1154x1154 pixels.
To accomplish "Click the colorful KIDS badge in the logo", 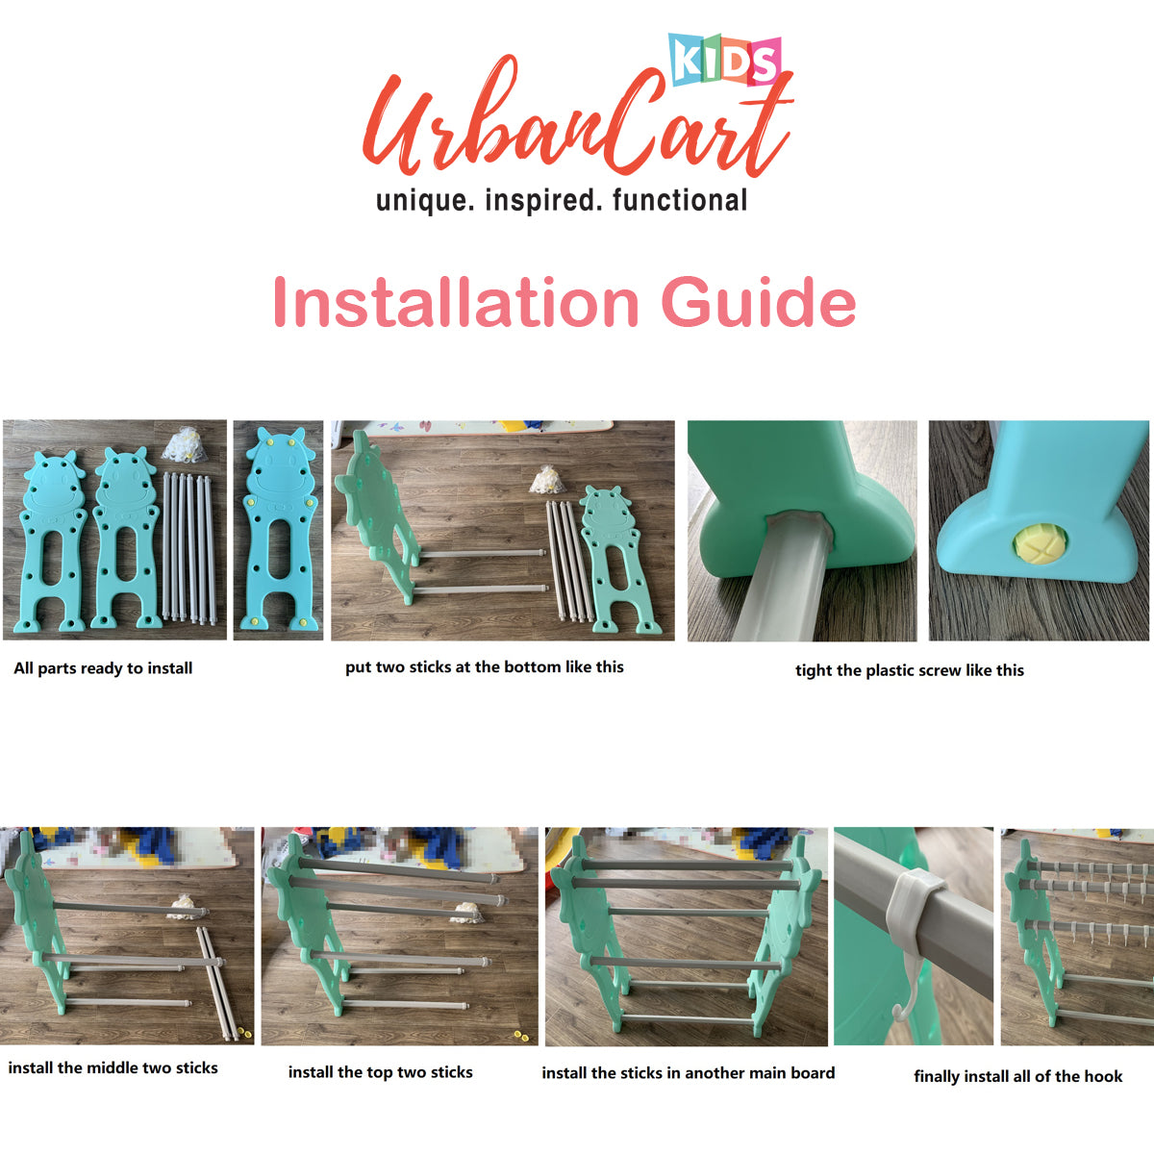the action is (x=725, y=61).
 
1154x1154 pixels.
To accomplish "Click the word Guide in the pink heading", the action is (x=758, y=302).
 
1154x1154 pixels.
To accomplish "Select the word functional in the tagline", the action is (x=680, y=200).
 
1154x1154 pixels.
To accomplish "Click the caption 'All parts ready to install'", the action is (x=103, y=668).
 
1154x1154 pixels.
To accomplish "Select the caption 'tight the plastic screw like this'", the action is (x=910, y=670).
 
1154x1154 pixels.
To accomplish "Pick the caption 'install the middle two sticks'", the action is (x=113, y=1067).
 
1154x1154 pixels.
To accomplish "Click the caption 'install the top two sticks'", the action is (x=380, y=1072).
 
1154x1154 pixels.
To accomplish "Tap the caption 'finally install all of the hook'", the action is (x=1018, y=1076).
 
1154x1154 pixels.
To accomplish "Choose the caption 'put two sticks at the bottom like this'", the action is (x=485, y=667).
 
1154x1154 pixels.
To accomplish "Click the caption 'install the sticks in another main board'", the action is (x=689, y=1072).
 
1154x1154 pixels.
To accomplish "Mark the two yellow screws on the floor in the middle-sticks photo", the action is (x=244, y=1032).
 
